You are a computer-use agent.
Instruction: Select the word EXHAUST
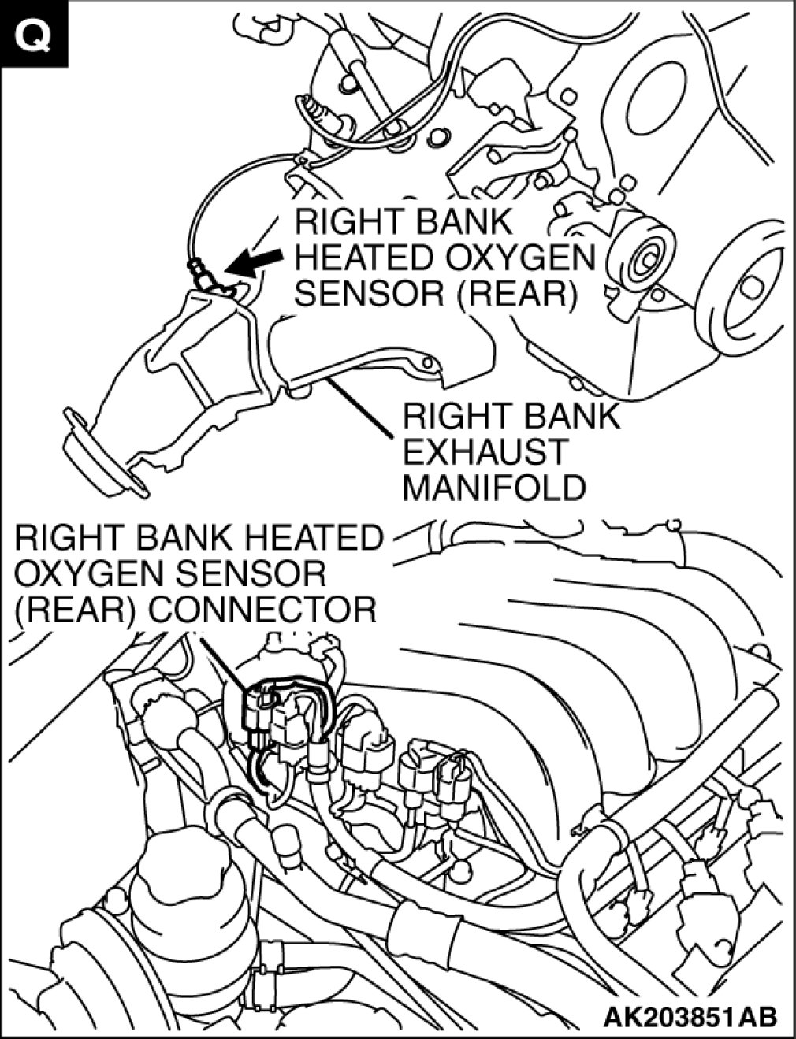484,452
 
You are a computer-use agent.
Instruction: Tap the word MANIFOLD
494,488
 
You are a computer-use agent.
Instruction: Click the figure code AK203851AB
690,1016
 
